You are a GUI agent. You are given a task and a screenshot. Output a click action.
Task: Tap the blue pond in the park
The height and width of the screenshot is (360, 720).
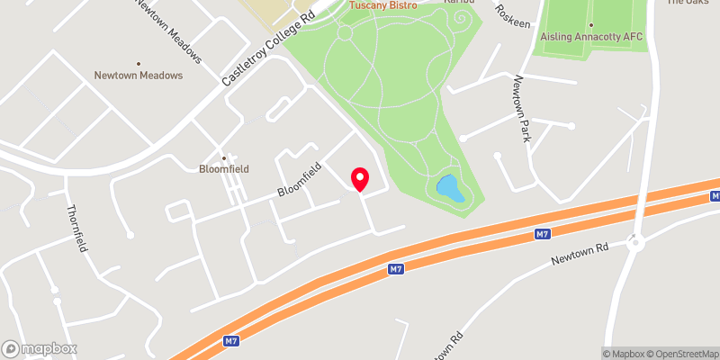pos(450,189)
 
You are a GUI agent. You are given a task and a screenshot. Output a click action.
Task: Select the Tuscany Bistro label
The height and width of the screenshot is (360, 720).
pos(382,6)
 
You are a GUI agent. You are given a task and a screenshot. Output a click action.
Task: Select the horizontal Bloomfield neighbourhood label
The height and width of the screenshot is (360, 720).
pos(224,168)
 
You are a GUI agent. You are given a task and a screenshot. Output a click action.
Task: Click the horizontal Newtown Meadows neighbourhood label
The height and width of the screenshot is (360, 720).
pos(139,76)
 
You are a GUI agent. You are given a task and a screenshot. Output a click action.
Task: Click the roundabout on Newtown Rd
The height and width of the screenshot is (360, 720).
pos(637,241)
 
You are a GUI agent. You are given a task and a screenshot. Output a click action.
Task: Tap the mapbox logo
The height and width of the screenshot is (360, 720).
pos(40,348)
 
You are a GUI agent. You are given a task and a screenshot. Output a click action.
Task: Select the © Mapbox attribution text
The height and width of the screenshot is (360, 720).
pos(625,354)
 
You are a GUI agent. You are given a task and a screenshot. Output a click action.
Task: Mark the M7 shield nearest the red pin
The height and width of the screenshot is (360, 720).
pos(395,268)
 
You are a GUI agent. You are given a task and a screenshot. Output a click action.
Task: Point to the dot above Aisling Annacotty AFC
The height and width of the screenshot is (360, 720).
pos(590,24)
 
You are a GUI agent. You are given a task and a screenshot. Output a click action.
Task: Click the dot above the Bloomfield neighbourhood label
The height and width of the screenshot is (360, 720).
pos(224,157)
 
